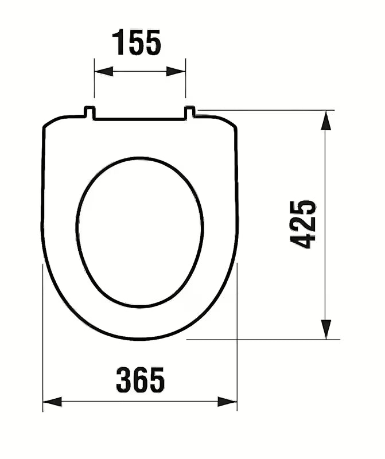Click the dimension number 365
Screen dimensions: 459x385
(x=141, y=380)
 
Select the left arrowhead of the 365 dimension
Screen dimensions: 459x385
(x=52, y=402)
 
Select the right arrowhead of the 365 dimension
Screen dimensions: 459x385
(x=227, y=402)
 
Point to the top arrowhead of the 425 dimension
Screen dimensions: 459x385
(x=325, y=120)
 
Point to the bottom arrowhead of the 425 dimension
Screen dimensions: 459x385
(x=325, y=329)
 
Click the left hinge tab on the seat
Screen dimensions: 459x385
(x=90, y=112)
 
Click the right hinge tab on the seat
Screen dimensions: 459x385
(x=190, y=112)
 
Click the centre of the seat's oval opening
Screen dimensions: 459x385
(x=140, y=231)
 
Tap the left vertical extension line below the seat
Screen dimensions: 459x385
(x=43, y=344)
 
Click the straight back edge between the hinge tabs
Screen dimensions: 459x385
(x=140, y=119)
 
